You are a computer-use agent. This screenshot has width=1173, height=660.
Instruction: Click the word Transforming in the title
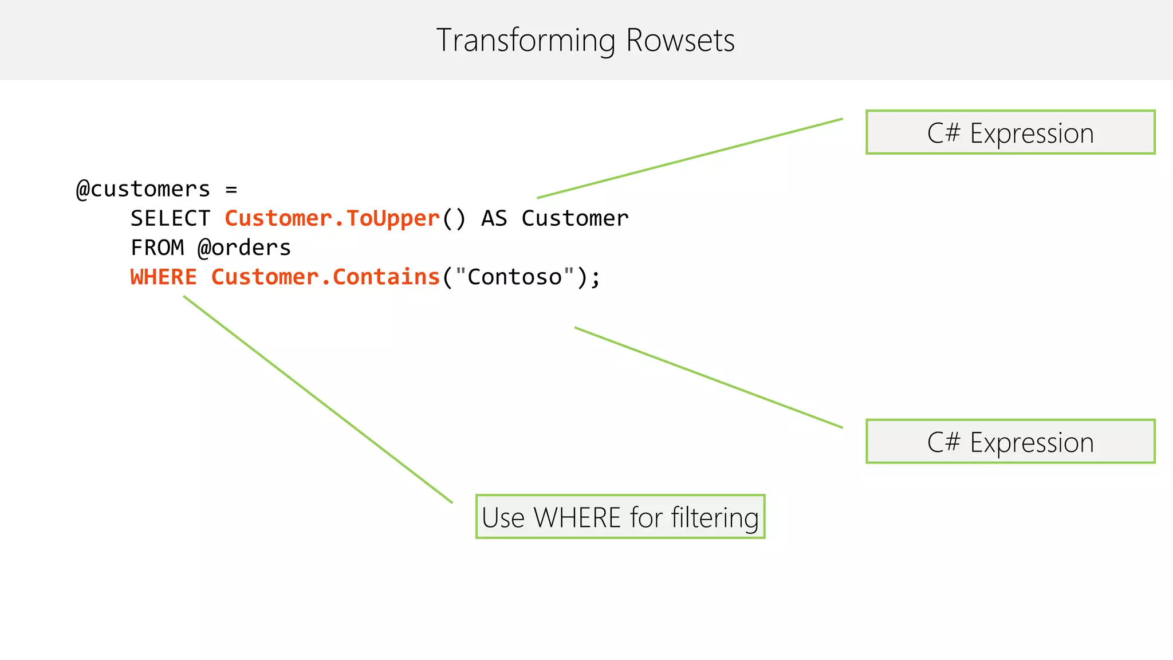click(525, 41)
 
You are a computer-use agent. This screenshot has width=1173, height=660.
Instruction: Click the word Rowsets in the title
click(680, 41)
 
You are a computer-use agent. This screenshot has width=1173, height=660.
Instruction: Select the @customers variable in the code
click(143, 189)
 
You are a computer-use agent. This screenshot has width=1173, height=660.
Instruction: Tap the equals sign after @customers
click(231, 189)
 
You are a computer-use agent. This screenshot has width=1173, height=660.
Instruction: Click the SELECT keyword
click(170, 218)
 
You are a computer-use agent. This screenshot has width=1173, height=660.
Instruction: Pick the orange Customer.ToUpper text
click(332, 218)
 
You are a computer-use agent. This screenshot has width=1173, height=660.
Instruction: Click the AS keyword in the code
click(494, 218)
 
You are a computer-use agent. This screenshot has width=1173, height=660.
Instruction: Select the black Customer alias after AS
click(574, 218)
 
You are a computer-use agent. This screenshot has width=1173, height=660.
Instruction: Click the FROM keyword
click(157, 247)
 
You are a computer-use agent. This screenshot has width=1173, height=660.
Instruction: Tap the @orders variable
click(244, 247)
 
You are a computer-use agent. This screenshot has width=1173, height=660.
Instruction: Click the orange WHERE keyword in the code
click(163, 277)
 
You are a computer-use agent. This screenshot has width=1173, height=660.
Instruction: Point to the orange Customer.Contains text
click(325, 277)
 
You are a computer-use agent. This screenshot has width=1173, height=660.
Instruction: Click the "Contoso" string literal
click(514, 277)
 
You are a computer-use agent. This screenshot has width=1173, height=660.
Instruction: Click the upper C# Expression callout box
click(1010, 132)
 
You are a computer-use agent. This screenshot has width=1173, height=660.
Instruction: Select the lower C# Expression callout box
click(1010, 442)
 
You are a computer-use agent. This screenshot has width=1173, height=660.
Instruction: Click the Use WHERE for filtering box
click(620, 517)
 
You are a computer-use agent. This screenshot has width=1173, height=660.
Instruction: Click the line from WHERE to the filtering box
click(318, 399)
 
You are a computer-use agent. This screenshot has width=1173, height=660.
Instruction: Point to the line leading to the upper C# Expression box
click(690, 158)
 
